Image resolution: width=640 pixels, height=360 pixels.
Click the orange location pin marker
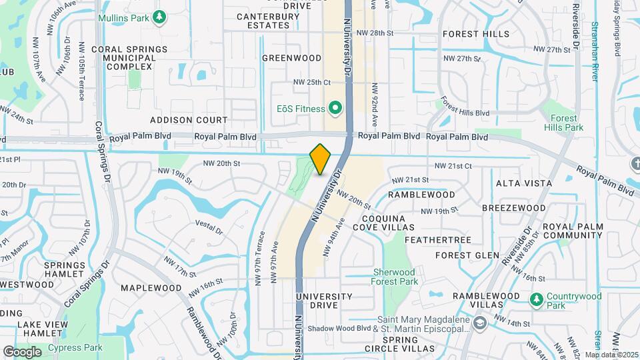click(x=321, y=159)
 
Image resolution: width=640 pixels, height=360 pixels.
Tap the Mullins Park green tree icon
click(x=159, y=16)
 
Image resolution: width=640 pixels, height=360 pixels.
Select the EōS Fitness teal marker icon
click(x=335, y=108)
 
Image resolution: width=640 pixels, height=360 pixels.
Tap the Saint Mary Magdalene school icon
click(x=479, y=323)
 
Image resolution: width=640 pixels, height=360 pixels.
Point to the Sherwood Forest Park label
click(x=403, y=277)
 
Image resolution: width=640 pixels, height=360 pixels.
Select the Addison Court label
click(x=189, y=120)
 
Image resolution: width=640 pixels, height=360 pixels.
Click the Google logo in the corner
click(x=22, y=351)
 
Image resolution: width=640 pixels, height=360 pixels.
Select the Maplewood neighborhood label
click(x=151, y=288)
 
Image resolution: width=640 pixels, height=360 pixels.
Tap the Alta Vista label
click(x=524, y=183)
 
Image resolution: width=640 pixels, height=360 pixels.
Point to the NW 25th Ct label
click(x=312, y=82)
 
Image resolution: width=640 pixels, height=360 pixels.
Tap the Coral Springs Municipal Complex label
click(x=124, y=58)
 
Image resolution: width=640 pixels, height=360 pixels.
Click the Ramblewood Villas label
click(x=486, y=300)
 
